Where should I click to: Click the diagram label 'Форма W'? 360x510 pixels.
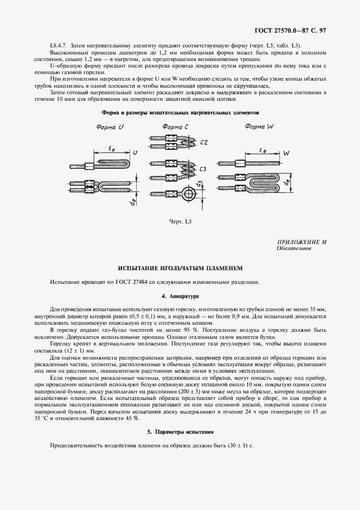[259, 127]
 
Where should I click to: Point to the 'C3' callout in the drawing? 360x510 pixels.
[203, 170]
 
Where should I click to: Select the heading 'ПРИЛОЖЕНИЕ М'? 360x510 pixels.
[302, 242]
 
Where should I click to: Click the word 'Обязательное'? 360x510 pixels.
[294, 248]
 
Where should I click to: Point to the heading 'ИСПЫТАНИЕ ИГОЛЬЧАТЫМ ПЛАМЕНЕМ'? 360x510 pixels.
[180, 269]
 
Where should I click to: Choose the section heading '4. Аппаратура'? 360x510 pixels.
[180, 296]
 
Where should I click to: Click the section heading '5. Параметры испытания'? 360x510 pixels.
[180, 432]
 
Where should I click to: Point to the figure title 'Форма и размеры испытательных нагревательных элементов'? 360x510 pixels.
[180, 112]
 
